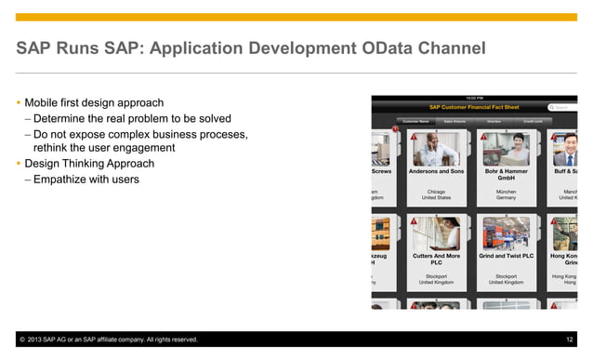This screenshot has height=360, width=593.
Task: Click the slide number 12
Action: click(569, 340)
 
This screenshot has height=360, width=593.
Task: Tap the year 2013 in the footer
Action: click(39, 340)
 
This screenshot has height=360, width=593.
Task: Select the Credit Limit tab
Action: click(533, 121)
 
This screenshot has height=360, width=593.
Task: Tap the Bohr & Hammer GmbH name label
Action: click(506, 175)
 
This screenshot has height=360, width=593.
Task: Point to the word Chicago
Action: click(436, 191)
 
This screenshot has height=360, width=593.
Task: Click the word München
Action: click(506, 191)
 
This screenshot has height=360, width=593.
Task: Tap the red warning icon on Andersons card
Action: click(414, 137)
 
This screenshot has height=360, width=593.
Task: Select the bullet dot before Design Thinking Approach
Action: click(20, 164)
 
